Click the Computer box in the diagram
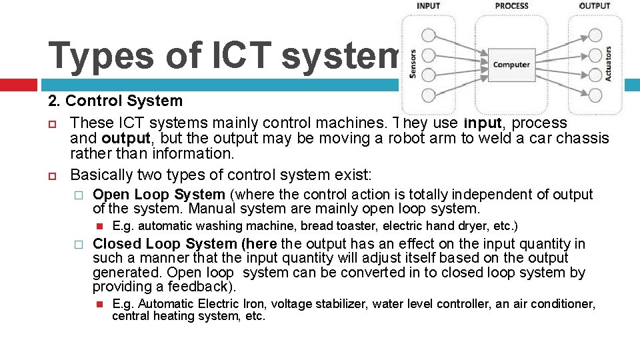click(x=511, y=65)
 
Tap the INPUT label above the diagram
click(x=428, y=6)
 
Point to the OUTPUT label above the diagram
click(x=595, y=6)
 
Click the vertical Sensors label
click(x=412, y=65)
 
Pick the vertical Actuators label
click(x=609, y=65)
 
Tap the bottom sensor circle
click(x=429, y=94)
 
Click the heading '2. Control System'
click(x=115, y=101)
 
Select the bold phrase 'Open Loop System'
click(x=159, y=195)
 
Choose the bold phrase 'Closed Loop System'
click(x=165, y=244)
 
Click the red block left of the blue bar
click(x=18, y=85)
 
